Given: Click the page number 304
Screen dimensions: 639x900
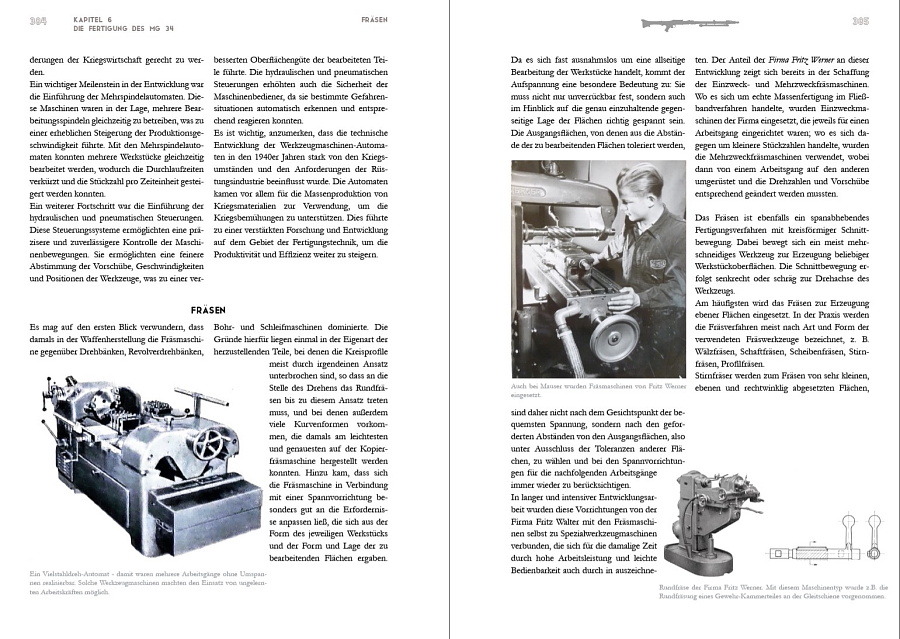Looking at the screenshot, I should click(39, 21).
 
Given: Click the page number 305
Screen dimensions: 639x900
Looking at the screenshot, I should click(859, 21).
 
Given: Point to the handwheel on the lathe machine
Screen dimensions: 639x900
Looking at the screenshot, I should click(210, 444).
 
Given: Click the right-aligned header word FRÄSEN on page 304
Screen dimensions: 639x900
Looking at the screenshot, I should click(374, 21).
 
